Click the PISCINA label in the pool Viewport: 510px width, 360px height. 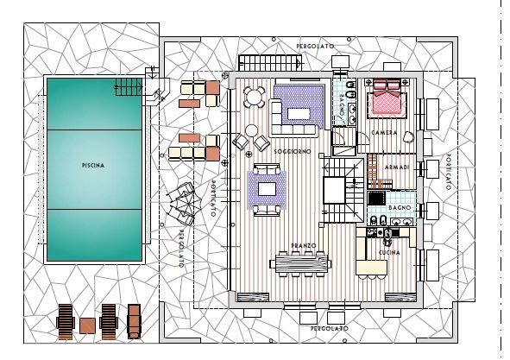(93, 166)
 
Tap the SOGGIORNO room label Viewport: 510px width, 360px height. (293, 152)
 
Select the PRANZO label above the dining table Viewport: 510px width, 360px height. (304, 245)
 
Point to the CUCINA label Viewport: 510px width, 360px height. (390, 253)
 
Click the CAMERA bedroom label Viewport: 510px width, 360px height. (384, 133)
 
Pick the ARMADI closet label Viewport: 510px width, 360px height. (397, 167)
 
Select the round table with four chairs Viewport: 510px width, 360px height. (255, 97)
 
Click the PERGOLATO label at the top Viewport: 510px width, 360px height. (315, 47)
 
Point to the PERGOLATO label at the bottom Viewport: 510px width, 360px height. (329, 329)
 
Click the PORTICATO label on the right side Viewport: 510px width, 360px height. (448, 171)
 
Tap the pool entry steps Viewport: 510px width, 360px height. (129, 87)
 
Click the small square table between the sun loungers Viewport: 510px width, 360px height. (87, 325)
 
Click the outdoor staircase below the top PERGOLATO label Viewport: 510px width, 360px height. (270, 62)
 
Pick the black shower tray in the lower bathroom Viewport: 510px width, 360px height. (376, 198)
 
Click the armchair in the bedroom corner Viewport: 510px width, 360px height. (408, 136)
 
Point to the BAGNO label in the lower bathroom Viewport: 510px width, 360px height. (400, 208)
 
